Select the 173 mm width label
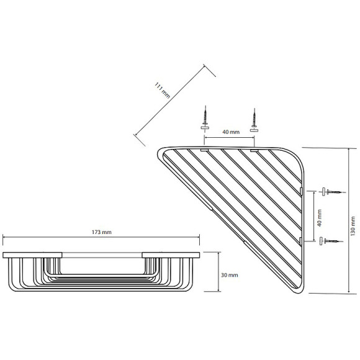tap(102, 231)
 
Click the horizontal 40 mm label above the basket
tap(229, 132)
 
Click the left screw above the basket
tap(205, 116)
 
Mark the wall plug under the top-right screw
tap(254, 130)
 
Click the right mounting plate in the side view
tap(171, 254)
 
